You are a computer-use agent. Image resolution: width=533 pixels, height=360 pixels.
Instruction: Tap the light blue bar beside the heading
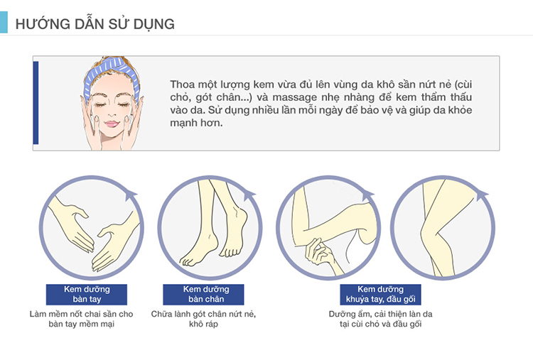4,23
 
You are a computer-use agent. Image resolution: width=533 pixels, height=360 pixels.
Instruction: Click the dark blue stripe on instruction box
36,103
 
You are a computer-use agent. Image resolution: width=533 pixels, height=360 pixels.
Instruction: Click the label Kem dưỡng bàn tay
86,294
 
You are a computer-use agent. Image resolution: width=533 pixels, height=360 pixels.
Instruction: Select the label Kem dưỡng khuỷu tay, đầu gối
380,294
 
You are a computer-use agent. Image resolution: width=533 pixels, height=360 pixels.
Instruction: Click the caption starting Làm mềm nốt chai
81,318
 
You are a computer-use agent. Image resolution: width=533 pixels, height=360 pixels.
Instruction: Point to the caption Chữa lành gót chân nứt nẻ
203,313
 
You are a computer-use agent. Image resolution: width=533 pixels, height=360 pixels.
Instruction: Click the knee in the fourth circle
430,231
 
